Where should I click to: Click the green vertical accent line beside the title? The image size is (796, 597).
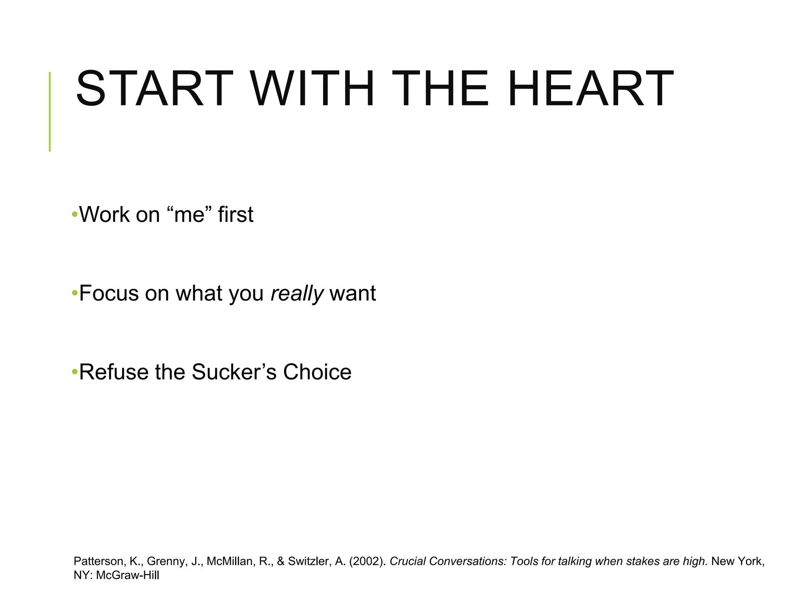pos(50,112)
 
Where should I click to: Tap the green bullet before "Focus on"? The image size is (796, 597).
pos(75,293)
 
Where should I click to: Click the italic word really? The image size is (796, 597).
pos(297,293)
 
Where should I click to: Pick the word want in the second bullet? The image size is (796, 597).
pos(353,293)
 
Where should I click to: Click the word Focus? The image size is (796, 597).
pos(109,293)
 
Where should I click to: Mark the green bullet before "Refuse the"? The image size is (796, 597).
pos(75,372)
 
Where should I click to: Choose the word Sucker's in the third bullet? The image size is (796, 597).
pos(234,372)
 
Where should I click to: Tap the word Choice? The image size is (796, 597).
pos(317,372)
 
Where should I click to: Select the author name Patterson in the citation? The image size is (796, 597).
pos(99,561)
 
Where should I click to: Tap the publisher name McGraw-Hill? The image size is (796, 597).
pos(127,575)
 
